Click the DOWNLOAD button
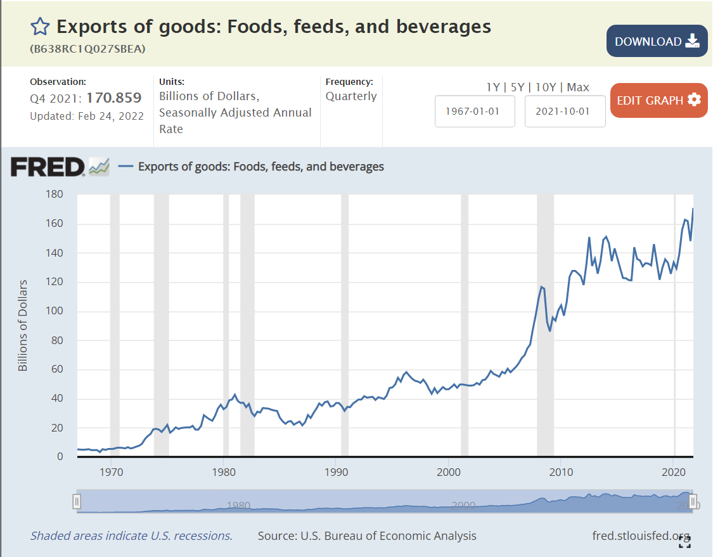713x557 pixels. pyautogui.click(x=656, y=41)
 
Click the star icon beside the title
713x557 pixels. pyautogui.click(x=40, y=27)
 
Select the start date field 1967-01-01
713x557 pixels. pyautogui.click(x=475, y=111)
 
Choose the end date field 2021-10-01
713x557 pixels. pyautogui.click(x=565, y=111)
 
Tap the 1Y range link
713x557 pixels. pyautogui.click(x=493, y=87)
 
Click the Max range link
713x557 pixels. pyautogui.click(x=578, y=87)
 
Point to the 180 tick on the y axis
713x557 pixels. pyautogui.click(x=55, y=195)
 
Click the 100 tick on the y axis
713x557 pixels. pyautogui.click(x=55, y=311)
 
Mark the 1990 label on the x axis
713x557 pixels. pyautogui.click(x=336, y=472)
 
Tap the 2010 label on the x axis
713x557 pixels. pyautogui.click(x=561, y=472)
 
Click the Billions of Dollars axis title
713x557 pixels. pyautogui.click(x=23, y=325)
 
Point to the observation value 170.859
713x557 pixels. pyautogui.click(x=114, y=98)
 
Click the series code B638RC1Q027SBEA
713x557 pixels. pyautogui.click(x=87, y=48)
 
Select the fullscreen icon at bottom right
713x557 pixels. pyautogui.click(x=684, y=541)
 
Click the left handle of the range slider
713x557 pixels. pyautogui.click(x=77, y=502)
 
